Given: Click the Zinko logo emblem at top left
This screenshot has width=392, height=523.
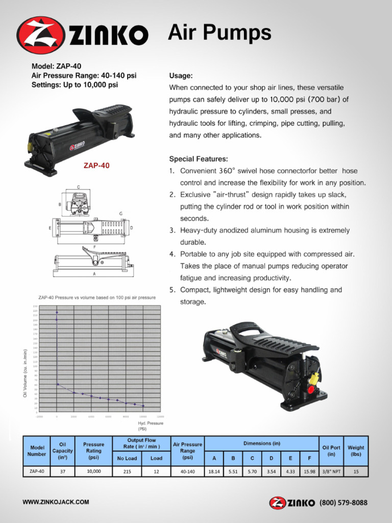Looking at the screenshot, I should point(40,35).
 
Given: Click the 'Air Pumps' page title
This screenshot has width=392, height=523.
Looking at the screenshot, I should point(219,33).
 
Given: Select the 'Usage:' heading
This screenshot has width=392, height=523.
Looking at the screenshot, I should point(181,76).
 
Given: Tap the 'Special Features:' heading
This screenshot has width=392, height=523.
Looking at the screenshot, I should point(199,159).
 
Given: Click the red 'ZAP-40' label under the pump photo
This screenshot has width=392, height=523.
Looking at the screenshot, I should point(96,165).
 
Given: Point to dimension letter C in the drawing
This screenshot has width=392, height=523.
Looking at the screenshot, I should point(78,187).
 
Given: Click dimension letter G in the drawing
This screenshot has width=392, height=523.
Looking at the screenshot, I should point(120,213).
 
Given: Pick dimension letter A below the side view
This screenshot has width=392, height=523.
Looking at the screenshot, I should point(94,274).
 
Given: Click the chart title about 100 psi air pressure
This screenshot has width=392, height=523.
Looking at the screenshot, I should point(97,297).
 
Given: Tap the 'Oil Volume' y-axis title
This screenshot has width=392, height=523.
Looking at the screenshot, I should point(25,373).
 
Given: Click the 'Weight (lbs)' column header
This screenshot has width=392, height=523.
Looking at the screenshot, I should point(356,451).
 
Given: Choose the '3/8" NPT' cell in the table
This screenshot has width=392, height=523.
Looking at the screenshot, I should point(331,472).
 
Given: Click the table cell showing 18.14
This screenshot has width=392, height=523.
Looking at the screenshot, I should point(214,472).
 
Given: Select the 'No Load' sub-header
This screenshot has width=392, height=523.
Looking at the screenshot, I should point(127,458).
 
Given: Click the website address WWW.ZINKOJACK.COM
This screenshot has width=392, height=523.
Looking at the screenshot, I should point(56,502).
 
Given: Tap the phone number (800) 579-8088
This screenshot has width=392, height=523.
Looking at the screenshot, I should point(343,503).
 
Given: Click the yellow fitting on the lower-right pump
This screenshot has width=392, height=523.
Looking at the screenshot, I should point(314,378).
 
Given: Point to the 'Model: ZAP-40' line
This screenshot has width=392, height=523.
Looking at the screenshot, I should point(56,66).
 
